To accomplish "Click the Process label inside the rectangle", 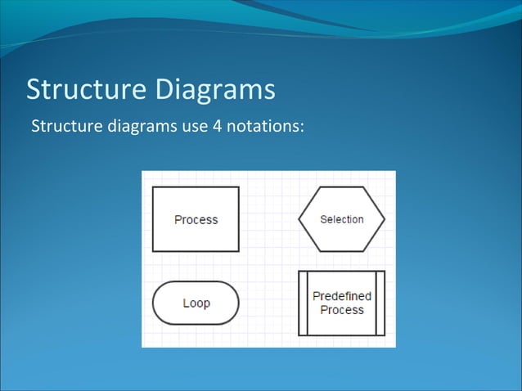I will pyautogui.click(x=196, y=219).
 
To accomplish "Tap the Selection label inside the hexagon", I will pyautogui.click(x=341, y=219).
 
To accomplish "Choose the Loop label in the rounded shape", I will pyautogui.click(x=196, y=303).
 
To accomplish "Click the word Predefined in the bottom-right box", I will pyautogui.click(x=341, y=296).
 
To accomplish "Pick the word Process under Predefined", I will pyautogui.click(x=341, y=310).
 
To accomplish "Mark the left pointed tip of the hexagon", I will pyautogui.click(x=299, y=219).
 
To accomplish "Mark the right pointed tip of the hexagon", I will pyautogui.click(x=385, y=219).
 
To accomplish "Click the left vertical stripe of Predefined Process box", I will pyautogui.click(x=303, y=303).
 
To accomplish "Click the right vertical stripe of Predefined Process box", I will pyautogui.click(x=380, y=303).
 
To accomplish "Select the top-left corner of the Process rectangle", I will pyautogui.click(x=153, y=187).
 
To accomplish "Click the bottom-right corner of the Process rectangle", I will pyautogui.click(x=239, y=250).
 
